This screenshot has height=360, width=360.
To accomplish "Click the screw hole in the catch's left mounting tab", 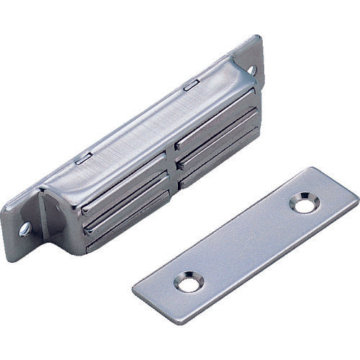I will (x=24, y=229).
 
